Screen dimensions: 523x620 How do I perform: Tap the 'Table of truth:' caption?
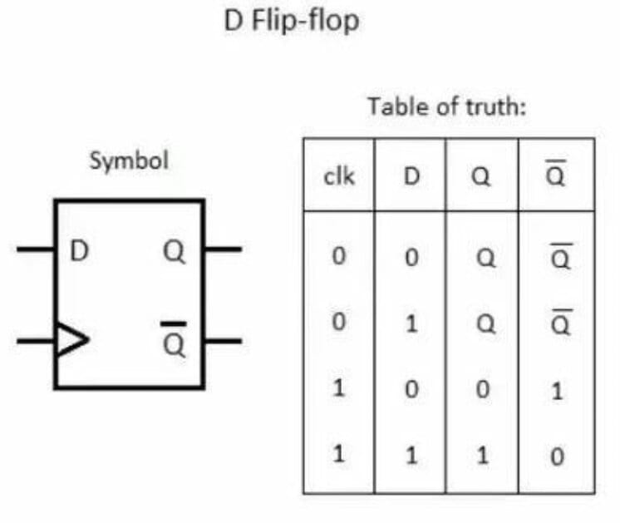tap(448, 107)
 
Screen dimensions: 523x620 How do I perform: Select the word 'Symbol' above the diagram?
tap(128, 160)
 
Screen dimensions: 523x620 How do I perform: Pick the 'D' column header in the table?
tap(410, 177)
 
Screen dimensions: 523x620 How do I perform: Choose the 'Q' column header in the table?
tap(482, 177)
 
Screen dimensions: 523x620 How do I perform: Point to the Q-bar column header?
tap(557, 175)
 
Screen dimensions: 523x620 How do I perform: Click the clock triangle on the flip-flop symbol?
tap(71, 339)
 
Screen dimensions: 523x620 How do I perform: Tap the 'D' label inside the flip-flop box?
tap(79, 249)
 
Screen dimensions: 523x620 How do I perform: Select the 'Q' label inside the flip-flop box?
tap(174, 249)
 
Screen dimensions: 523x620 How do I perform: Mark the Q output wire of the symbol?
tap(222, 249)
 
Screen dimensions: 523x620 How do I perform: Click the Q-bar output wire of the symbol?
tap(222, 339)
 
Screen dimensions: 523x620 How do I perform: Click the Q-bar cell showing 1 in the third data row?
tap(557, 390)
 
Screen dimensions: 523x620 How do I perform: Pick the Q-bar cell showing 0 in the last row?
tap(557, 456)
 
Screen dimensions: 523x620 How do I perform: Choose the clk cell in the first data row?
tap(337, 258)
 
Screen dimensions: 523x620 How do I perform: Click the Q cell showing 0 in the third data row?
tap(482, 390)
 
